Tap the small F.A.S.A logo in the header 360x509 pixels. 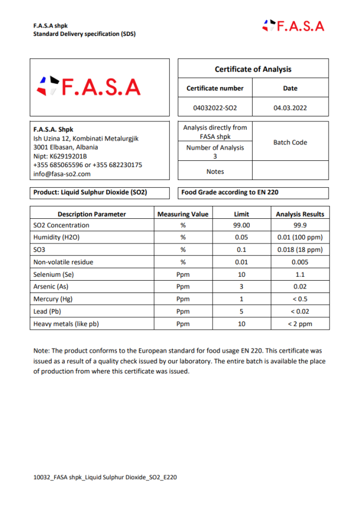pos(294,26)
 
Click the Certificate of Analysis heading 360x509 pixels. pos(253,69)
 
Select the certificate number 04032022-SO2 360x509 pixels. pos(215,107)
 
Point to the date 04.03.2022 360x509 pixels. pos(290,107)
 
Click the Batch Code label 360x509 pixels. pos(290,142)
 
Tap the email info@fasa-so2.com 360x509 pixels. pos(62,174)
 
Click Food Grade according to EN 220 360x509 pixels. pos(229,192)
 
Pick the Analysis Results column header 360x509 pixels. pos(300,214)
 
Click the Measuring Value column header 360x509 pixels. pos(183,214)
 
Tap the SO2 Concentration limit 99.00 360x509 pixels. pos(241,225)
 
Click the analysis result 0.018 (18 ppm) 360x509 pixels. pos(300,250)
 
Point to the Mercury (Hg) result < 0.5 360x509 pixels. pos(300,299)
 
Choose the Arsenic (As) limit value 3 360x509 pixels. pos(241,287)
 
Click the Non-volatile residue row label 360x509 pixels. pos(64,262)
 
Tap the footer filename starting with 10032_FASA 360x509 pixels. pos(105,477)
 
